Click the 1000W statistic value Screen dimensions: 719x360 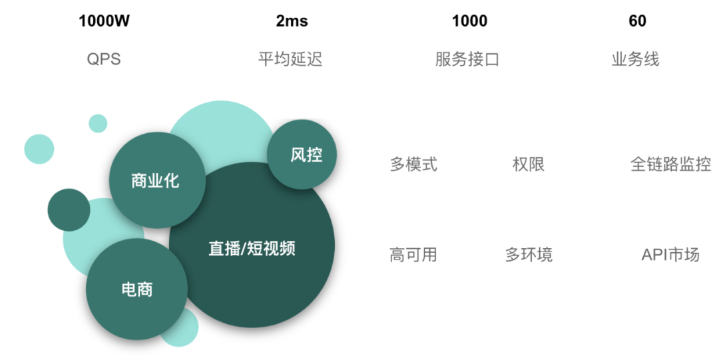point(104,21)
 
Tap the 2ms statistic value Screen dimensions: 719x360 point(292,21)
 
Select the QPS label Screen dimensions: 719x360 point(104,59)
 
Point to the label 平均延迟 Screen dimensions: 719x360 point(290,59)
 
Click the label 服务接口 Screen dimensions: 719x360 point(467,59)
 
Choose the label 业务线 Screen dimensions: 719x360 point(636,59)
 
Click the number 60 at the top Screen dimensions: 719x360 point(637,21)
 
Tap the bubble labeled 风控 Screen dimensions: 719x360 point(302,154)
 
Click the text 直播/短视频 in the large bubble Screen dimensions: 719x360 point(252,249)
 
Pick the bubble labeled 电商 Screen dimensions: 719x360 point(137,289)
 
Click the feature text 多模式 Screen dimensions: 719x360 point(413,164)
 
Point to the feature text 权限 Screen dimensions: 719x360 point(529,164)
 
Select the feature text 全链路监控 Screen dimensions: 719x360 point(670,164)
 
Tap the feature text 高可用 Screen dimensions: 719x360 point(413,254)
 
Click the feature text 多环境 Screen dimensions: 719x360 point(529,254)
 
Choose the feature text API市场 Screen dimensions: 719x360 point(670,254)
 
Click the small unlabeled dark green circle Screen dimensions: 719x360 point(69,210)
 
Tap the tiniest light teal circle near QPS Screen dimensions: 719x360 point(98,123)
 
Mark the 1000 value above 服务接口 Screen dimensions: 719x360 point(469,21)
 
